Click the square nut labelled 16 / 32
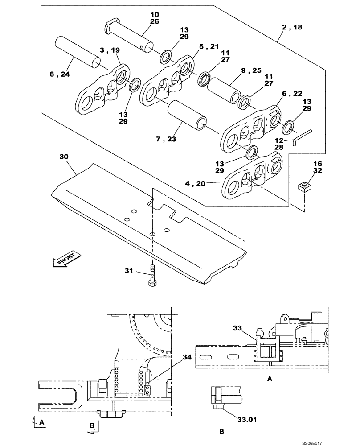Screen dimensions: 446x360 coord(304,187)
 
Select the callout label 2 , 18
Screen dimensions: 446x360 coord(292,27)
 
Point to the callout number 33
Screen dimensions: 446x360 coord(238,329)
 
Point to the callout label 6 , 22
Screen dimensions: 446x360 coord(292,93)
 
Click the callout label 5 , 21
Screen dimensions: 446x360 coord(209,46)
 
